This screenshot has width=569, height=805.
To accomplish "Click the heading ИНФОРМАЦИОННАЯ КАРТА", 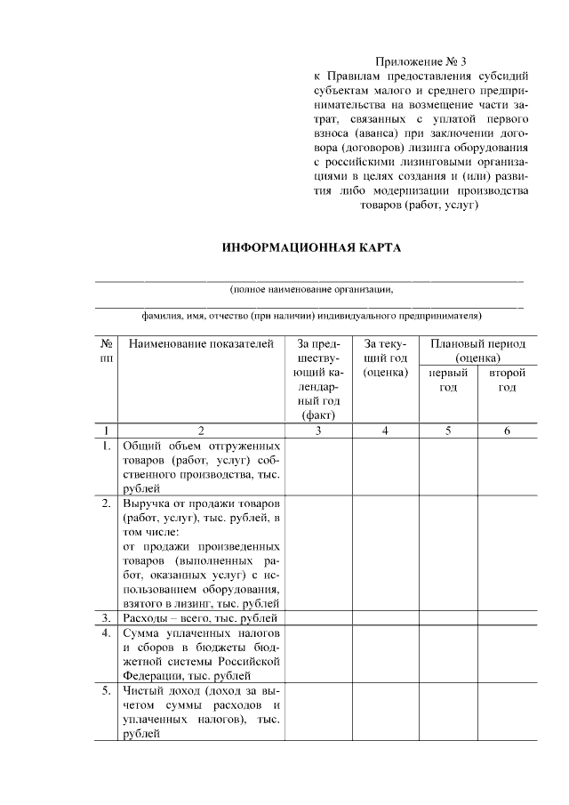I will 312,246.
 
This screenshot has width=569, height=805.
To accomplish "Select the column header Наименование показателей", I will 201,344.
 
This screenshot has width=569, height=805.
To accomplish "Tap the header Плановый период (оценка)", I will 478,351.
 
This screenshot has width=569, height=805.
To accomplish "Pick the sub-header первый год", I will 448,381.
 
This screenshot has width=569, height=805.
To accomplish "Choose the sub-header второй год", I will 507,381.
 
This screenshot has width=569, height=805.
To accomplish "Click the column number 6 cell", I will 507,431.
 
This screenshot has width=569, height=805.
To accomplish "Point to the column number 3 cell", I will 318,431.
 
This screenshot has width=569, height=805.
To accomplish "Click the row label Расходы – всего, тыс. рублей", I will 201,618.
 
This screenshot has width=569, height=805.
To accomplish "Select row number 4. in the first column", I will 106,633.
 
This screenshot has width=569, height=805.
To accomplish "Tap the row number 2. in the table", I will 106,504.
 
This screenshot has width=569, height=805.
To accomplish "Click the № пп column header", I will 106,350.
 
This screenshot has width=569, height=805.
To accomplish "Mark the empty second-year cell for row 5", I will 507,712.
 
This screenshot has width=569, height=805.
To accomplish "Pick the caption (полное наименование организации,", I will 310,289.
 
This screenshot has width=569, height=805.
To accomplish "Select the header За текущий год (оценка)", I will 385,358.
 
